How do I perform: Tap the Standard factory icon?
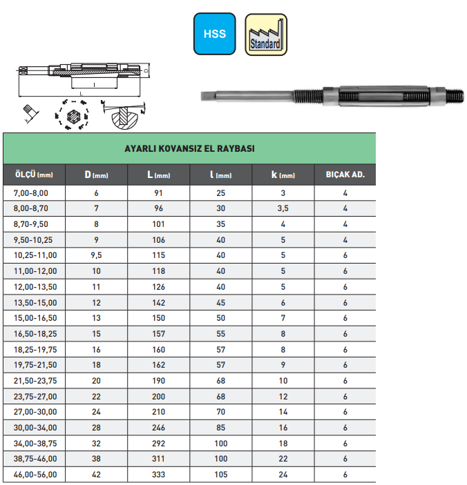(266, 34)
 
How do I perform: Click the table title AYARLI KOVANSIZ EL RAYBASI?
(189, 149)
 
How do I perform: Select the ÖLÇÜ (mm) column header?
(35, 175)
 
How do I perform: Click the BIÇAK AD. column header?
(345, 175)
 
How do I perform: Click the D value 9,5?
(97, 255)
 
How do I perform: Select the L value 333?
(158, 475)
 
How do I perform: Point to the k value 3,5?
(283, 208)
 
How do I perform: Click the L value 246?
(158, 428)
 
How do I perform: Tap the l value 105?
(220, 475)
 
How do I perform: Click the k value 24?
(283, 475)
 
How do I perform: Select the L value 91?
(158, 193)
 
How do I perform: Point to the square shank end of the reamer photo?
(207, 97)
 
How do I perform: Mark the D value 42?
(97, 475)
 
